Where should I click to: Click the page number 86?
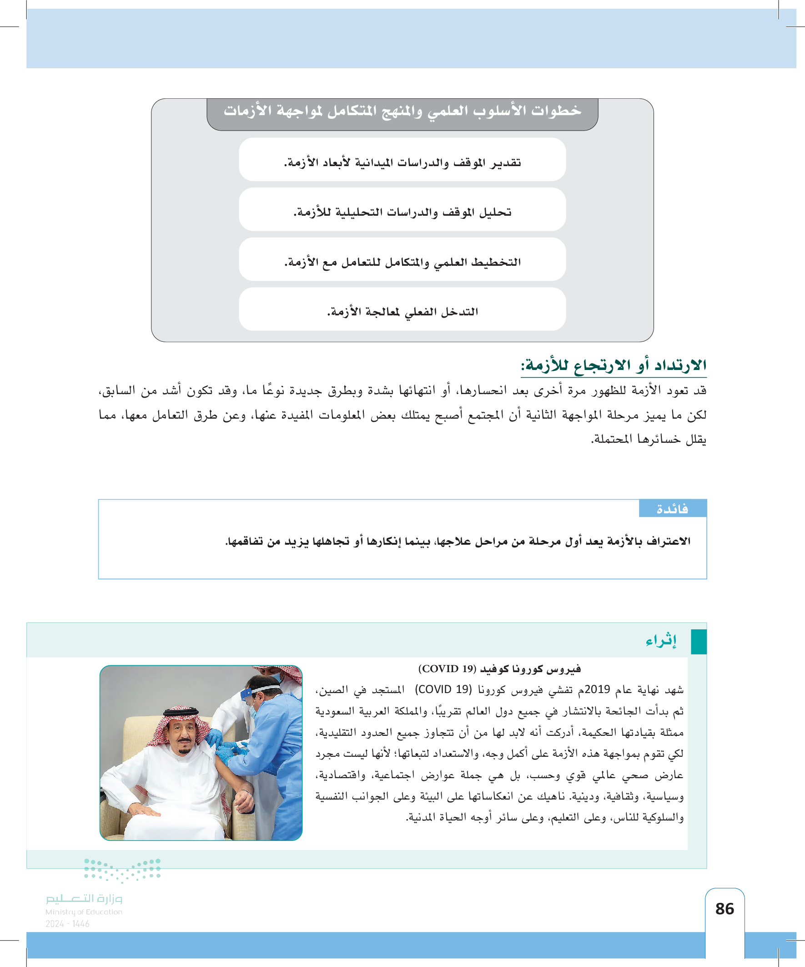724,908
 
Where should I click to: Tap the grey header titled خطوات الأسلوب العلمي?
402,111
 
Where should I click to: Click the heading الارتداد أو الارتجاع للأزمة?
613,365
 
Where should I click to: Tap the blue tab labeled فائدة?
673,508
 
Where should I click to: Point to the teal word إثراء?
661,641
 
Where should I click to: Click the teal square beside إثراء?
698,642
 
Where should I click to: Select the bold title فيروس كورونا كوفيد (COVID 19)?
499,668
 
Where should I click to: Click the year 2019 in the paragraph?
597,689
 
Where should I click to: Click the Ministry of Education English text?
84,912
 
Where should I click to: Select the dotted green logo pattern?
122,869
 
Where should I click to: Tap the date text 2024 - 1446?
67,923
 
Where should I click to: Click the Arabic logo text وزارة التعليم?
84,898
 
